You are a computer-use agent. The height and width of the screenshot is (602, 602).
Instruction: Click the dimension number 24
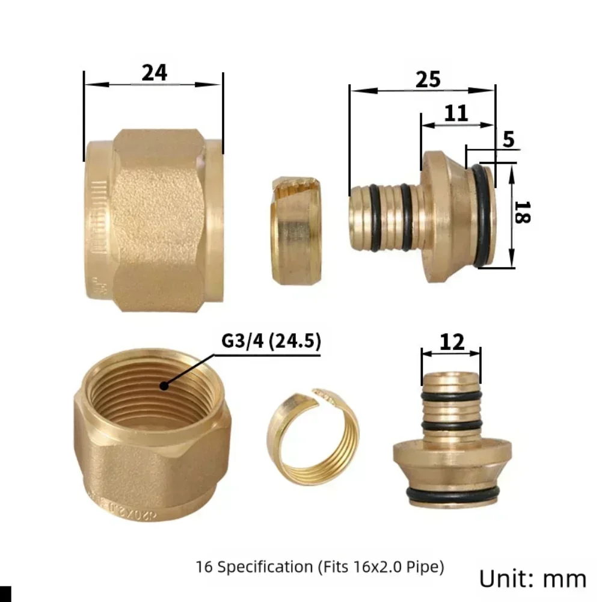pyautogui.click(x=154, y=73)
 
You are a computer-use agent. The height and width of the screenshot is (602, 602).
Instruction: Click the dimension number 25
pyautogui.click(x=428, y=79)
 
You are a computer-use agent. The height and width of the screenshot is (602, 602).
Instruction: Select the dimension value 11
pyautogui.click(x=456, y=112)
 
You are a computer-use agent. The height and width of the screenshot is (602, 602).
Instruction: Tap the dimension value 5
pyautogui.click(x=508, y=140)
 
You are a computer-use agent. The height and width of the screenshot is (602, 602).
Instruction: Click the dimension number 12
pyautogui.click(x=452, y=342)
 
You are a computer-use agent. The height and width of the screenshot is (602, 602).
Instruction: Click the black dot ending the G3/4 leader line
pyautogui.click(x=163, y=385)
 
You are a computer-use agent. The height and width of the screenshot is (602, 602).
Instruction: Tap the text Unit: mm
pyautogui.click(x=532, y=579)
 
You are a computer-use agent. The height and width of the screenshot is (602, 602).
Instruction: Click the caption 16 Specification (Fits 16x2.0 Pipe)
pyautogui.click(x=319, y=567)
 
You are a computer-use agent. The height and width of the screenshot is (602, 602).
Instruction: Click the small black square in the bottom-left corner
pyautogui.click(x=5, y=595)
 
